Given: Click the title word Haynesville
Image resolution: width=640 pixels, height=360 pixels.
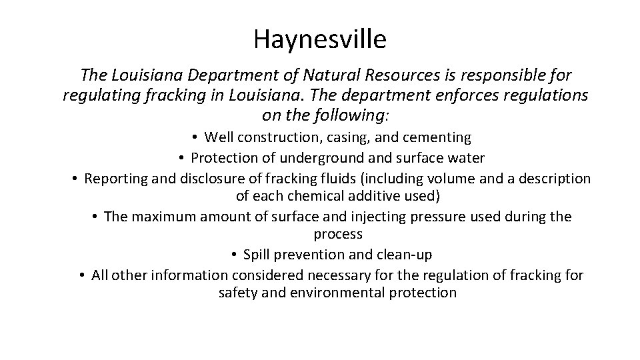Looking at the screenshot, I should (x=319, y=40).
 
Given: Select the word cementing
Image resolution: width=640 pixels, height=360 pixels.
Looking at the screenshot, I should (x=437, y=138).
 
